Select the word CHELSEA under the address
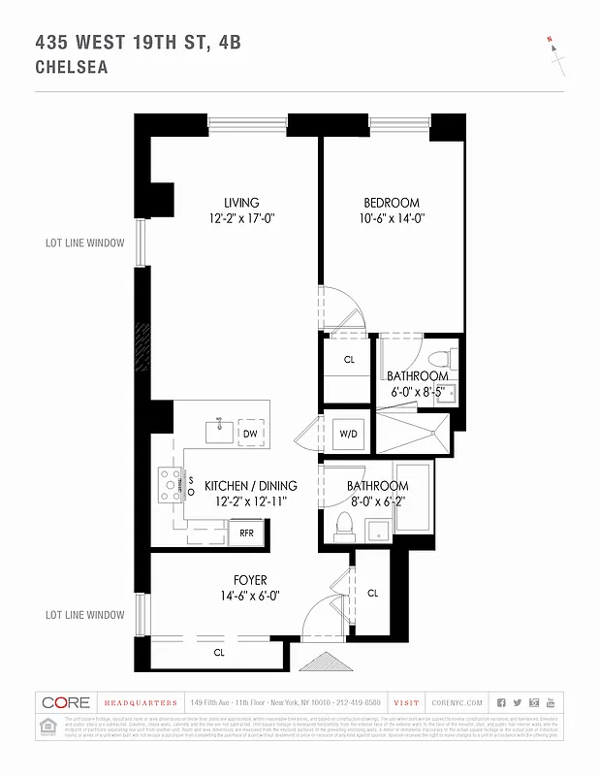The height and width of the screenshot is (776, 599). pos(71,68)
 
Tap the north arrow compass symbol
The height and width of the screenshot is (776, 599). pos(555,53)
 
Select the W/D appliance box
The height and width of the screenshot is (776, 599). pos(347,434)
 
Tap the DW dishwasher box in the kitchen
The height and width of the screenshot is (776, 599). pos(250,434)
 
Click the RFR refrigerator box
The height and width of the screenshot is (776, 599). pos(246,532)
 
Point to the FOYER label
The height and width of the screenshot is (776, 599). pos(250,580)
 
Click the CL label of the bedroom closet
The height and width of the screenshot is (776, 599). pos(348,359)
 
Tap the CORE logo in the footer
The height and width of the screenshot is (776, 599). pos(66,702)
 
